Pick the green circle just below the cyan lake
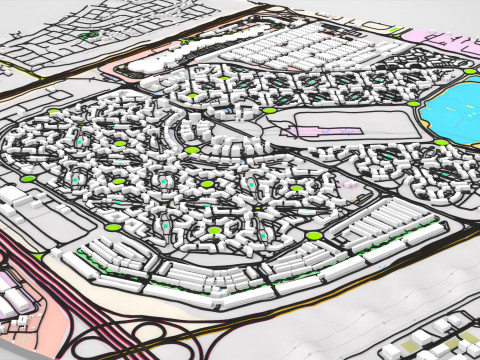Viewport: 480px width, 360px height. pos(441,143)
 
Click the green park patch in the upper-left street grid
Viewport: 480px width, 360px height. pos(88,34)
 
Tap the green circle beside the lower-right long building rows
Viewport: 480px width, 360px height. pos(314,236)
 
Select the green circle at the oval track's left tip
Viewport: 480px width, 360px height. pos(269,110)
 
